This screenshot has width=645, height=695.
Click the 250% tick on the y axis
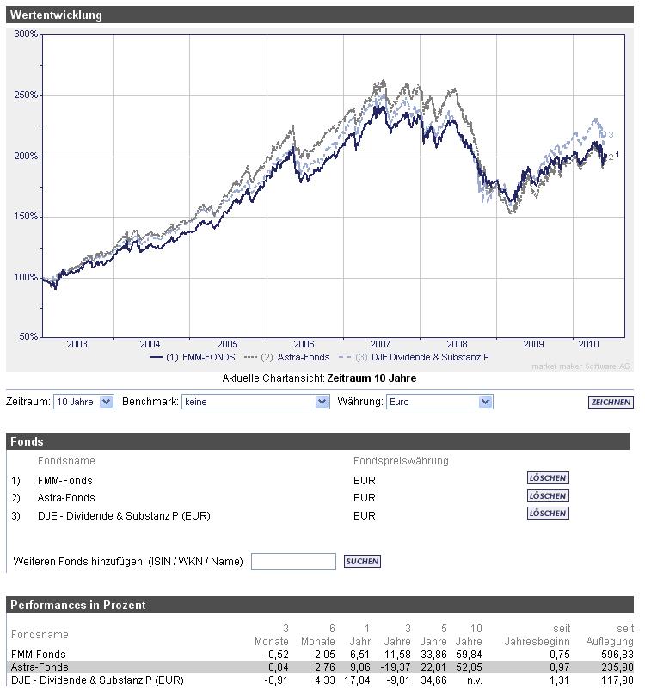click(27, 95)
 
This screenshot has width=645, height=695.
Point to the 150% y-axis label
click(27, 217)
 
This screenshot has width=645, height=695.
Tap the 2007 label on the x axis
click(380, 344)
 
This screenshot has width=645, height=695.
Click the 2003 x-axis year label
click(77, 344)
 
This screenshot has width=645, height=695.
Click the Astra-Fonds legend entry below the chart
click(288, 357)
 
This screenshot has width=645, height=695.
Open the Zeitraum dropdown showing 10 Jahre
click(83, 402)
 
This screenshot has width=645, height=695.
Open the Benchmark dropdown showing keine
click(256, 402)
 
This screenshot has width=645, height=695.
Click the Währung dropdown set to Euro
click(439, 402)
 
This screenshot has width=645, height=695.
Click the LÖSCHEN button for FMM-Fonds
click(548, 478)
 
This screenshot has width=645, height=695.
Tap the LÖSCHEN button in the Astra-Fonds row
click(548, 496)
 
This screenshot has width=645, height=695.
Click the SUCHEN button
click(362, 562)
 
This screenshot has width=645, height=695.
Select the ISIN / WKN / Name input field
click(293, 562)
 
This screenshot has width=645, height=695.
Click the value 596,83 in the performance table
click(617, 655)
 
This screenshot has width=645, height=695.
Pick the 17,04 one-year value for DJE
click(359, 680)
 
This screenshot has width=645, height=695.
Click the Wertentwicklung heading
click(57, 15)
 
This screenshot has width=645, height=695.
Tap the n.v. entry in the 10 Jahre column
click(475, 680)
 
